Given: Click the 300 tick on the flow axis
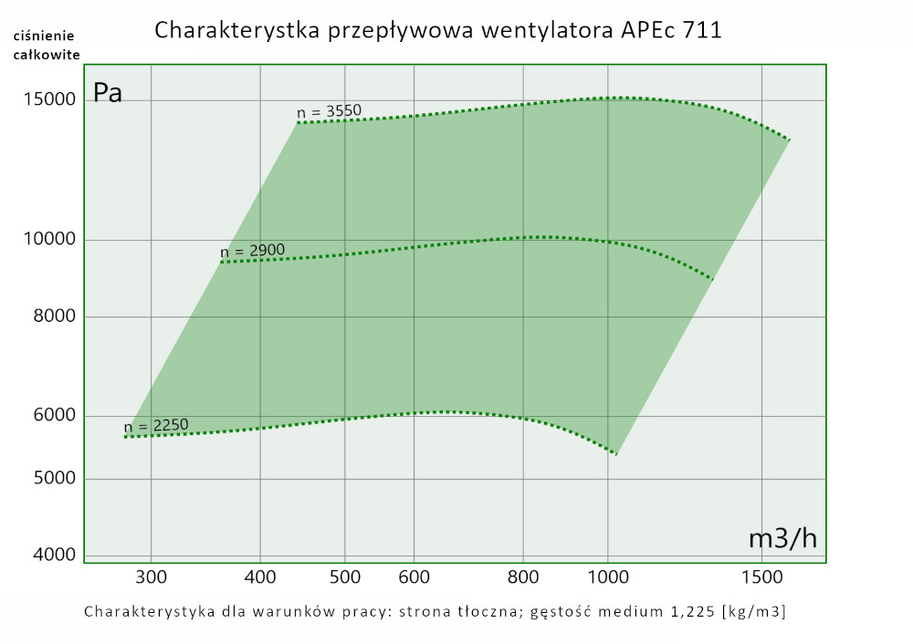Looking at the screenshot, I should pyautogui.click(x=151, y=576).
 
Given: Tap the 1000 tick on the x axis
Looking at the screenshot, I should pyautogui.click(x=609, y=576).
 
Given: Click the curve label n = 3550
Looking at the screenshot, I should pyautogui.click(x=330, y=112).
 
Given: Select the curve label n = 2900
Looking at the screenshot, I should pyautogui.click(x=253, y=251).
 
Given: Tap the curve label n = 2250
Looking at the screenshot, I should pyautogui.click(x=156, y=425).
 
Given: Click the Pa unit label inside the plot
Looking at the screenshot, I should pyautogui.click(x=108, y=93).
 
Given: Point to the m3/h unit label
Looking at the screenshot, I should pyautogui.click(x=782, y=538).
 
